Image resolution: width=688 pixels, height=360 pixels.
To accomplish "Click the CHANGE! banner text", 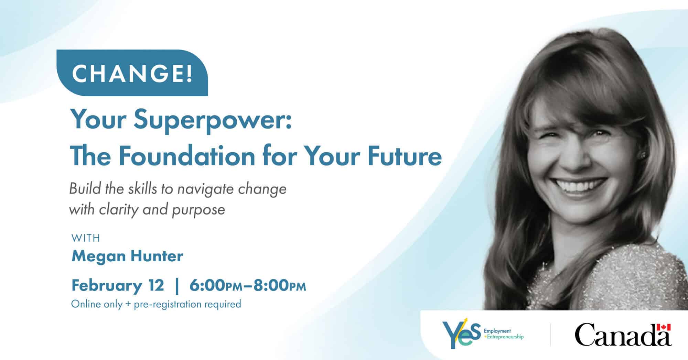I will click(x=132, y=73).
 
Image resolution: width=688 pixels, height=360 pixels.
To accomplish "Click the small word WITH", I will click(x=86, y=238).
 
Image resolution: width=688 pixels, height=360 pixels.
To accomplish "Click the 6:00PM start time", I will click(x=216, y=286).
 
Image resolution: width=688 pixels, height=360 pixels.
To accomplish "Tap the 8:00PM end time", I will click(x=280, y=286).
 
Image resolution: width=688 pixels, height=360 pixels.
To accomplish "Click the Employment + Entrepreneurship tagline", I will click(x=504, y=334).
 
